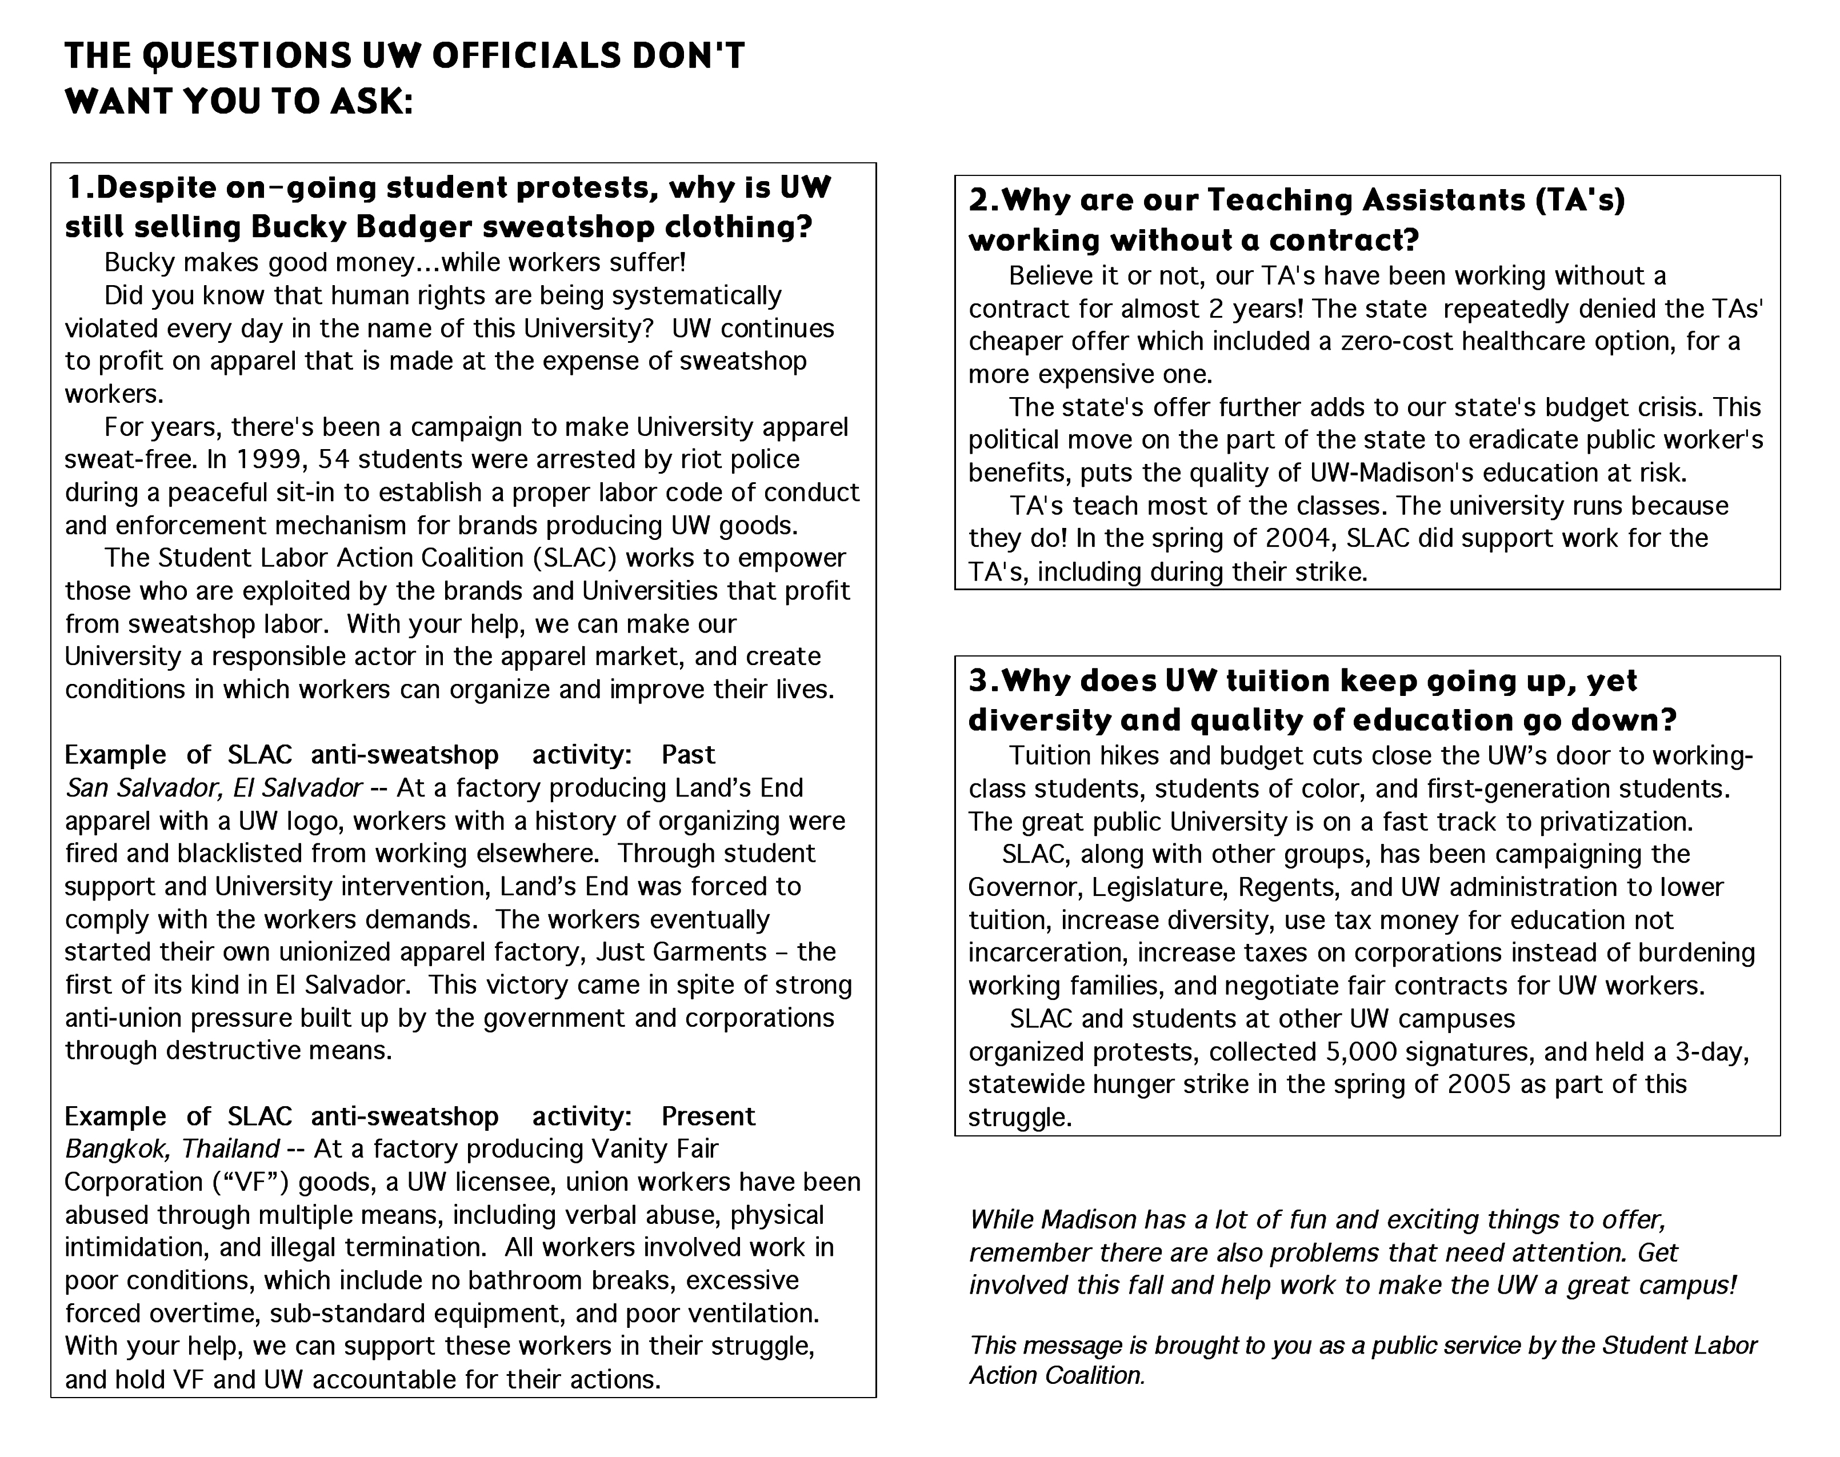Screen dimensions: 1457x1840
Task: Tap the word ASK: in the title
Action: (x=371, y=102)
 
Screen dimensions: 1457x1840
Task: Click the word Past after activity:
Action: (x=689, y=755)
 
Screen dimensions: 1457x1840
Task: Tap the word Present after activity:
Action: (x=708, y=1116)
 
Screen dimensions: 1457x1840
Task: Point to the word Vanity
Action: (x=629, y=1149)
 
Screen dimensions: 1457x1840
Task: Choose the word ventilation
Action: (x=742, y=1313)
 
